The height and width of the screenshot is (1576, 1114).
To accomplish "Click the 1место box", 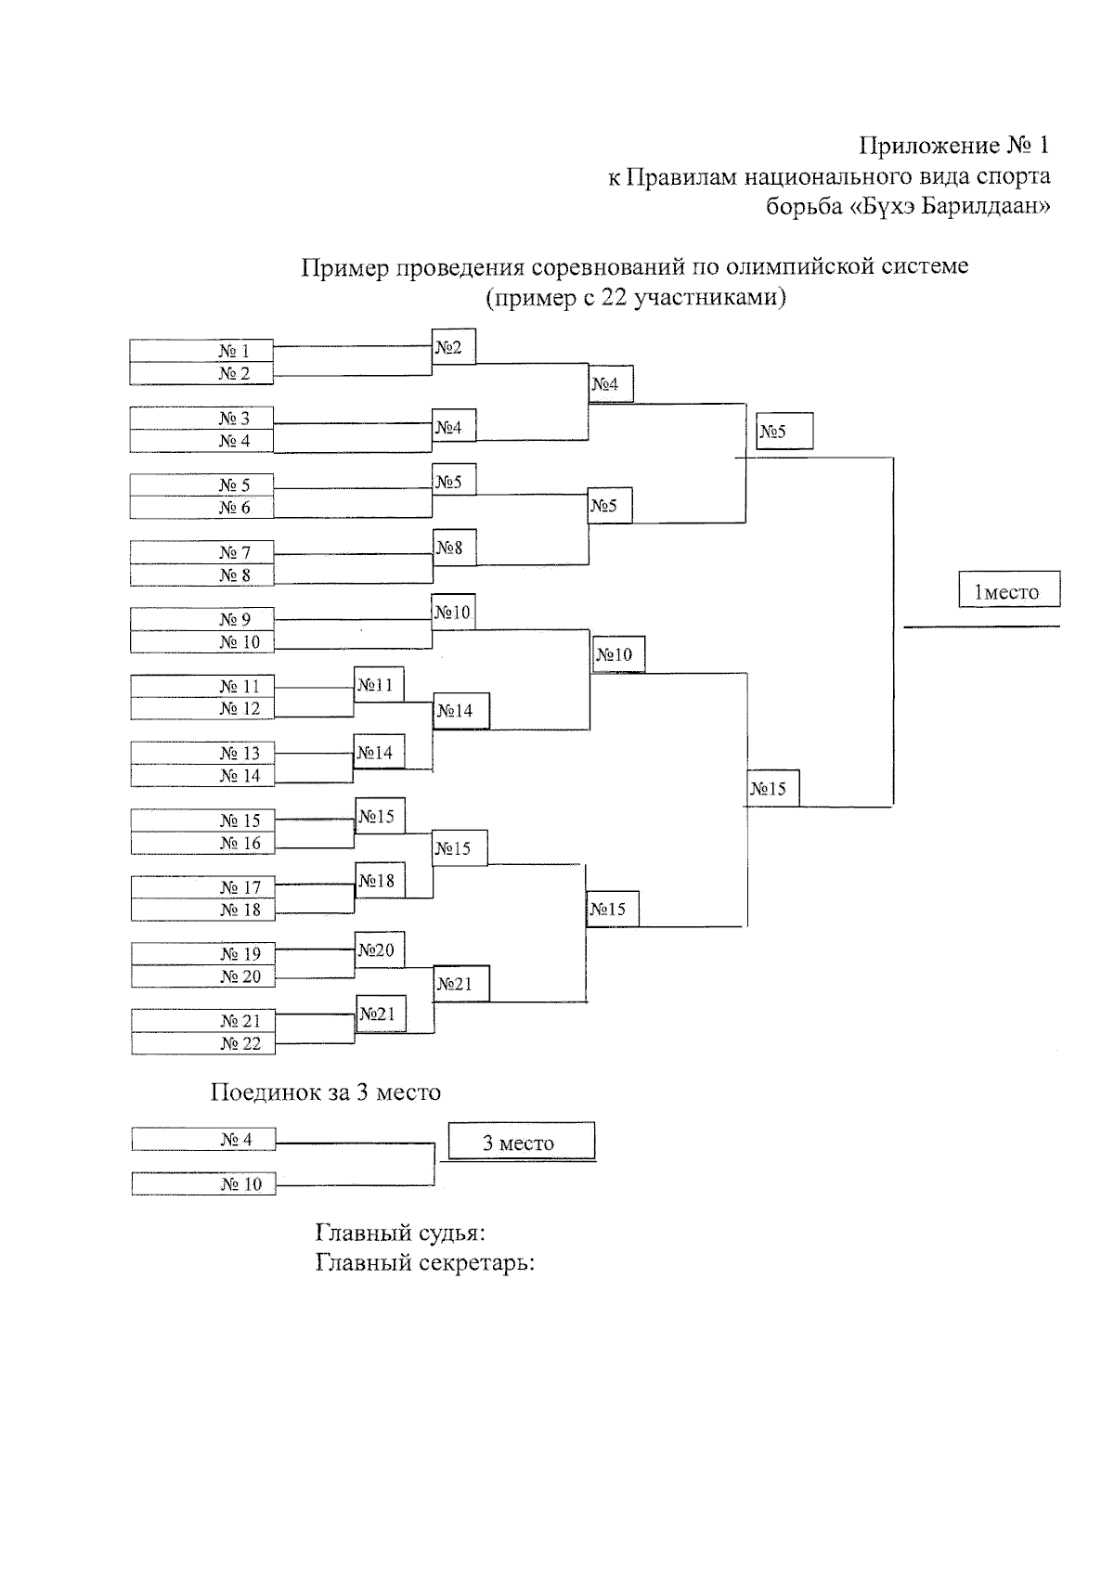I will pyautogui.click(x=1008, y=590).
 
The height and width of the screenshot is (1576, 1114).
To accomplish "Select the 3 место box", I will pyautogui.click(x=520, y=1142).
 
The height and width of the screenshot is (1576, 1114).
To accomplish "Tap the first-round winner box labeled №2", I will pyautogui.click(x=453, y=347).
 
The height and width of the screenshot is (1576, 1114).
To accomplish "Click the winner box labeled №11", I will pyautogui.click(x=379, y=684).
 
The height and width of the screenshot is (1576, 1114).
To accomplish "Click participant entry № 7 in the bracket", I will pyautogui.click(x=201, y=552).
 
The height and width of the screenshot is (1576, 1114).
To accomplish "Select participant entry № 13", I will pyautogui.click(x=202, y=753).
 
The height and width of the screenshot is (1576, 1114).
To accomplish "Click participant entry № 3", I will pyautogui.click(x=201, y=418).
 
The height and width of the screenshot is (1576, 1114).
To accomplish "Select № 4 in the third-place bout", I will pyautogui.click(x=203, y=1139).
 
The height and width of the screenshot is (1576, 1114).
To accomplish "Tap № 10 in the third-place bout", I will pyautogui.click(x=203, y=1183).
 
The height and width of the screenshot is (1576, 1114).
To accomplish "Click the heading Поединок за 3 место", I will pyautogui.click(x=325, y=1092).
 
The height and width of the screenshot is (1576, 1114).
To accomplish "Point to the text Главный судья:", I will pyautogui.click(x=400, y=1234).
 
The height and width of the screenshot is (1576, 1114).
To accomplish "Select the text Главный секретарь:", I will pyautogui.click(x=425, y=1263).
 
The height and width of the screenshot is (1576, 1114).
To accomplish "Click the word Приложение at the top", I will pyautogui.click(x=927, y=147).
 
